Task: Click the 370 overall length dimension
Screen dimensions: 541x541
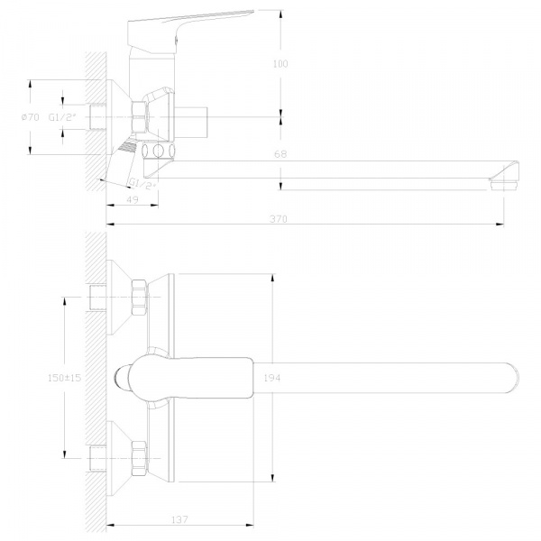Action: tap(279, 219)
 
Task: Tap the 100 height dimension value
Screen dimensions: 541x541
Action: tap(280, 64)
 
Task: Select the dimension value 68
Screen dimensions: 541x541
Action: tap(280, 154)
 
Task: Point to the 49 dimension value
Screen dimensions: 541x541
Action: tap(133, 199)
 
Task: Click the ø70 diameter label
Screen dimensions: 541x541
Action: tap(31, 117)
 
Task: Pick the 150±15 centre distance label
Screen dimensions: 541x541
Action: tap(65, 378)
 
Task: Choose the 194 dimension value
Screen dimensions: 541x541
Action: tap(272, 378)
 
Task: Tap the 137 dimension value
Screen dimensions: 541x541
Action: tap(179, 519)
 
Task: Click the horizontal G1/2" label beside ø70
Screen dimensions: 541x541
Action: tap(62, 117)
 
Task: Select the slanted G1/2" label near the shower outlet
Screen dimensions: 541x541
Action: tap(142, 184)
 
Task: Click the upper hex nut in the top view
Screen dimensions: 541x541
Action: tap(139, 297)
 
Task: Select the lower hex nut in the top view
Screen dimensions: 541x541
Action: tap(139, 459)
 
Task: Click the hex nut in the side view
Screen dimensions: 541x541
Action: tap(139, 117)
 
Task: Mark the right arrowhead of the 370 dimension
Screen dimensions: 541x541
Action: tap(500, 224)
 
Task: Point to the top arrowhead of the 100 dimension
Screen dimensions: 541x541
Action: tap(280, 14)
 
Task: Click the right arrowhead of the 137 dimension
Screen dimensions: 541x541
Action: tap(250, 525)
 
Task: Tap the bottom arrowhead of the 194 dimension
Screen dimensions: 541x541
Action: tap(273, 478)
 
